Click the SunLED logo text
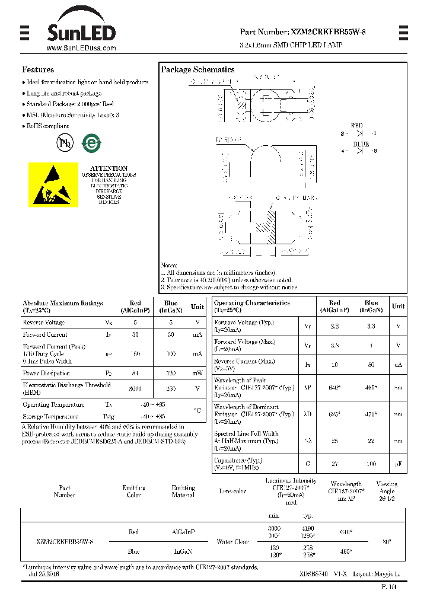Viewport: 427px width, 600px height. point(81,31)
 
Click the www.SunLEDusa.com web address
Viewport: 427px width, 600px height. point(81,48)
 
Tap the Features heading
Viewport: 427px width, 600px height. point(38,69)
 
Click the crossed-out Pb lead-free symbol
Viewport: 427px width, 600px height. point(64,143)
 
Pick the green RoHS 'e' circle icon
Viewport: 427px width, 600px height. point(91,143)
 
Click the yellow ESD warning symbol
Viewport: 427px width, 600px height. point(53,184)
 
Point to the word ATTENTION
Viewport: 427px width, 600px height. point(109,168)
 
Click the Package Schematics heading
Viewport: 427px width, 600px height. point(197,69)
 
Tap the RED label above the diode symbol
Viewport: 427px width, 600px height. point(356,126)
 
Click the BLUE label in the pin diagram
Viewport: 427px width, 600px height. point(361,143)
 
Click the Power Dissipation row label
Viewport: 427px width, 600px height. point(46,374)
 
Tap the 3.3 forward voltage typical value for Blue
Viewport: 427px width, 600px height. point(371,326)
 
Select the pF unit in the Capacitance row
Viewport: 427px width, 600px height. point(399,464)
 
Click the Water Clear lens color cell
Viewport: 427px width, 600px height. point(232,541)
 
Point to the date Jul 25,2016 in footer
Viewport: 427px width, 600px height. point(44,574)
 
